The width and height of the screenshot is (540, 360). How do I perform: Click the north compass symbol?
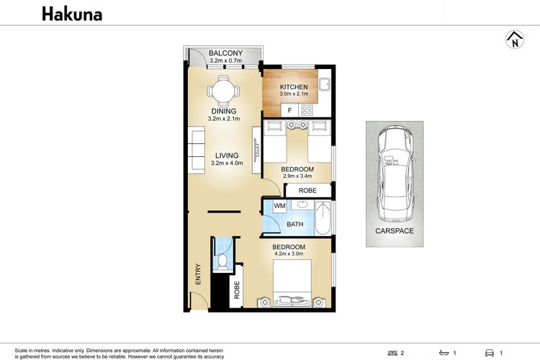515,40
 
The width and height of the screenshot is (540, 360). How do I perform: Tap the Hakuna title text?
72,14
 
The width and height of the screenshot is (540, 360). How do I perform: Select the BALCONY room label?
225,53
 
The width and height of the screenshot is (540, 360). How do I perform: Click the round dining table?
223,91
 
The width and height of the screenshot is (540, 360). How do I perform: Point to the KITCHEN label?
294,87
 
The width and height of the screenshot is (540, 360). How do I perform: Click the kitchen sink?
325,84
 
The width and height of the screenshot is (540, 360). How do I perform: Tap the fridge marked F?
289,110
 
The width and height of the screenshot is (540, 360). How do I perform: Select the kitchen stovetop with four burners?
307,110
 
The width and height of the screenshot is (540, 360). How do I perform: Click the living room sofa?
197,150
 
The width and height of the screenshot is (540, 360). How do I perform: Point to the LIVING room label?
227,156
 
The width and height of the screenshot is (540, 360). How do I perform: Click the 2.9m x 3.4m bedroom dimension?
297,176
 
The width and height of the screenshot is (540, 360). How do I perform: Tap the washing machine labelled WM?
279,206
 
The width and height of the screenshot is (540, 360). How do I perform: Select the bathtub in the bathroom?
323,218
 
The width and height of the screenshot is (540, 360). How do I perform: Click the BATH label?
295,224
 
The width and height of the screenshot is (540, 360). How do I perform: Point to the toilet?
222,261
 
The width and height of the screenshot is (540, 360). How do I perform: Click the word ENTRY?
198,274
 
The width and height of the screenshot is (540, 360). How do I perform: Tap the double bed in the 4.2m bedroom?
292,283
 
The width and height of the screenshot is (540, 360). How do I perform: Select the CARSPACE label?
395,231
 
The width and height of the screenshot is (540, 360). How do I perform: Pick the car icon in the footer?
490,353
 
